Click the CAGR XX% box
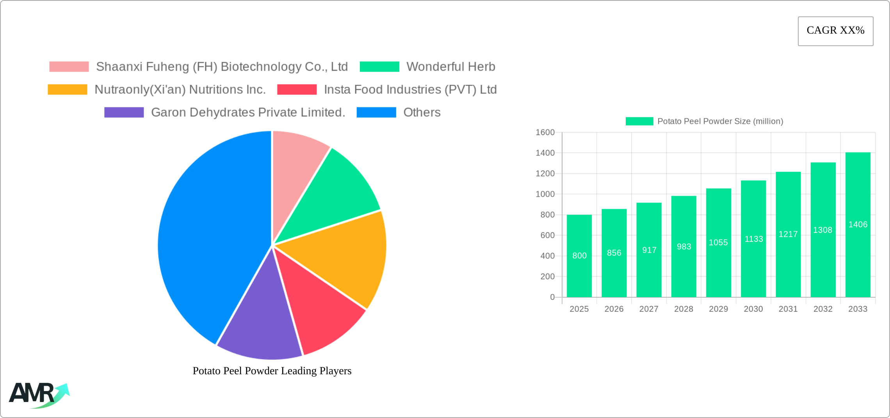[x=835, y=31]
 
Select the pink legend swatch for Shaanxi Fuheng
[x=69, y=67]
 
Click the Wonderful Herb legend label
[x=450, y=67]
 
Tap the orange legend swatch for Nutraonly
[x=67, y=89]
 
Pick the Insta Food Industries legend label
[x=410, y=89]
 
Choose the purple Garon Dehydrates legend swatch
[x=124, y=113]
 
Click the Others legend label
[x=422, y=113]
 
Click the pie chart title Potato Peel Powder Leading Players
[x=272, y=371]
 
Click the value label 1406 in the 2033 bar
[x=858, y=225]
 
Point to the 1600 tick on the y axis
[x=545, y=132]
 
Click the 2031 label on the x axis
[x=788, y=309]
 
